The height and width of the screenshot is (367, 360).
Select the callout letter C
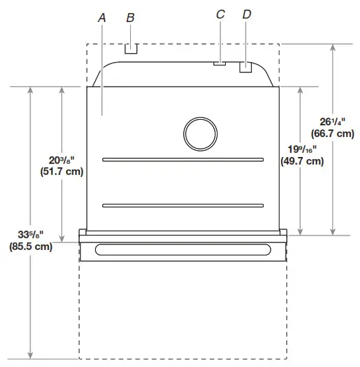(x=220, y=14)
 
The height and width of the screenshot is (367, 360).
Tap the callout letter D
(x=246, y=14)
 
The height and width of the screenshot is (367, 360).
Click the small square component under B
(x=131, y=49)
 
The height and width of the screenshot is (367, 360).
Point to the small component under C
(x=220, y=64)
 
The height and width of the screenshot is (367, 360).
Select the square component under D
(x=245, y=67)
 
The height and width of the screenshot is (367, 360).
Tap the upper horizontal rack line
(x=182, y=160)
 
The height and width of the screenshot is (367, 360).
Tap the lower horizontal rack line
(x=182, y=205)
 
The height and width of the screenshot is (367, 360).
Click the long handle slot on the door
(x=182, y=249)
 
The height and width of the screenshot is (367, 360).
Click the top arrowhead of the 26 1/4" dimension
(x=333, y=48)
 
